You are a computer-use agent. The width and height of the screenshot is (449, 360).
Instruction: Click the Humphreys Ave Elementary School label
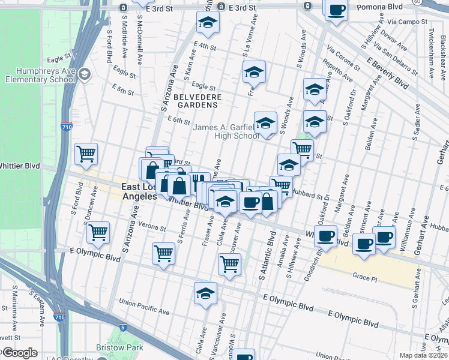tap(40, 74)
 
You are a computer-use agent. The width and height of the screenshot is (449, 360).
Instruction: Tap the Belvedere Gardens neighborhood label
tap(198, 100)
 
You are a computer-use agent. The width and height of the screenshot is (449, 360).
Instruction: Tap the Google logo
tap(19, 353)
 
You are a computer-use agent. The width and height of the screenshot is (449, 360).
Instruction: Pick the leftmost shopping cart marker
tap(86, 153)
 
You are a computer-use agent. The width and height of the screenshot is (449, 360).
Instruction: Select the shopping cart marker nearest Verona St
tap(98, 231)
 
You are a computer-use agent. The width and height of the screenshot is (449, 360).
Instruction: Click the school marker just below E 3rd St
tap(208, 22)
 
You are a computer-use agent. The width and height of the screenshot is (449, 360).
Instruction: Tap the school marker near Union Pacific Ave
tap(205, 293)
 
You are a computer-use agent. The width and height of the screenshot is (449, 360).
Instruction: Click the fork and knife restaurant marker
tap(199, 181)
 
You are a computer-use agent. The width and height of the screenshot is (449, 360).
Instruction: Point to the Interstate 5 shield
tap(122, 328)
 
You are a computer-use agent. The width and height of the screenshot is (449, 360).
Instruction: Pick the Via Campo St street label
tap(407, 22)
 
